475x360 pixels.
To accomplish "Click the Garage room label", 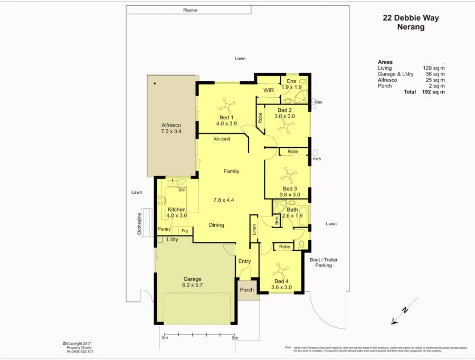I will click(193, 279).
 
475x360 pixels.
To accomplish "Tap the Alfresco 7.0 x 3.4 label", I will click(171, 128).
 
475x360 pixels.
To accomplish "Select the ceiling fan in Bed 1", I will click(226, 103).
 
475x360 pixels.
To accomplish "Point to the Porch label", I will click(246, 290).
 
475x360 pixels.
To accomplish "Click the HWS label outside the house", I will click(317, 159).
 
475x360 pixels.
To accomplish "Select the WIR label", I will click(269, 90).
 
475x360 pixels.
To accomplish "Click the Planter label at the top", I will click(190, 10).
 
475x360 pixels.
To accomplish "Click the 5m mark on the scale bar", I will click(235, 338).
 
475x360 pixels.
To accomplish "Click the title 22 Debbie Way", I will click(411, 18).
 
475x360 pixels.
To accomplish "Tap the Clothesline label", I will click(140, 223).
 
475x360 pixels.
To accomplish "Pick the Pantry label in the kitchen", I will click(164, 229).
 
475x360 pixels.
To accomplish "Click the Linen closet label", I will click(254, 229).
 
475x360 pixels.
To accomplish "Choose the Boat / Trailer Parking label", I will click(324, 262).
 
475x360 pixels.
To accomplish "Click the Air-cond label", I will click(222, 139).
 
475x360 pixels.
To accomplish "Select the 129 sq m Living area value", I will click(434, 68).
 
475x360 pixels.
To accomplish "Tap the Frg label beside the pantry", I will click(184, 230).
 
